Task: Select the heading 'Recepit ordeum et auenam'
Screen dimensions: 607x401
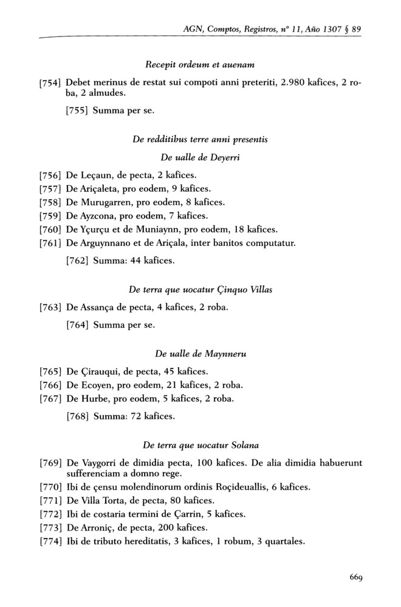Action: tap(200, 64)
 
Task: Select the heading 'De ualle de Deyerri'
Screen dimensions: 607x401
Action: tap(200, 157)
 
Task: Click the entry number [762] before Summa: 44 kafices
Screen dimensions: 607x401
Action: tap(77, 262)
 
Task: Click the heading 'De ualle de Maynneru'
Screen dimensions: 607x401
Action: tap(200, 353)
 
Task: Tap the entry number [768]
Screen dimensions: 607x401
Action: tap(77, 416)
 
